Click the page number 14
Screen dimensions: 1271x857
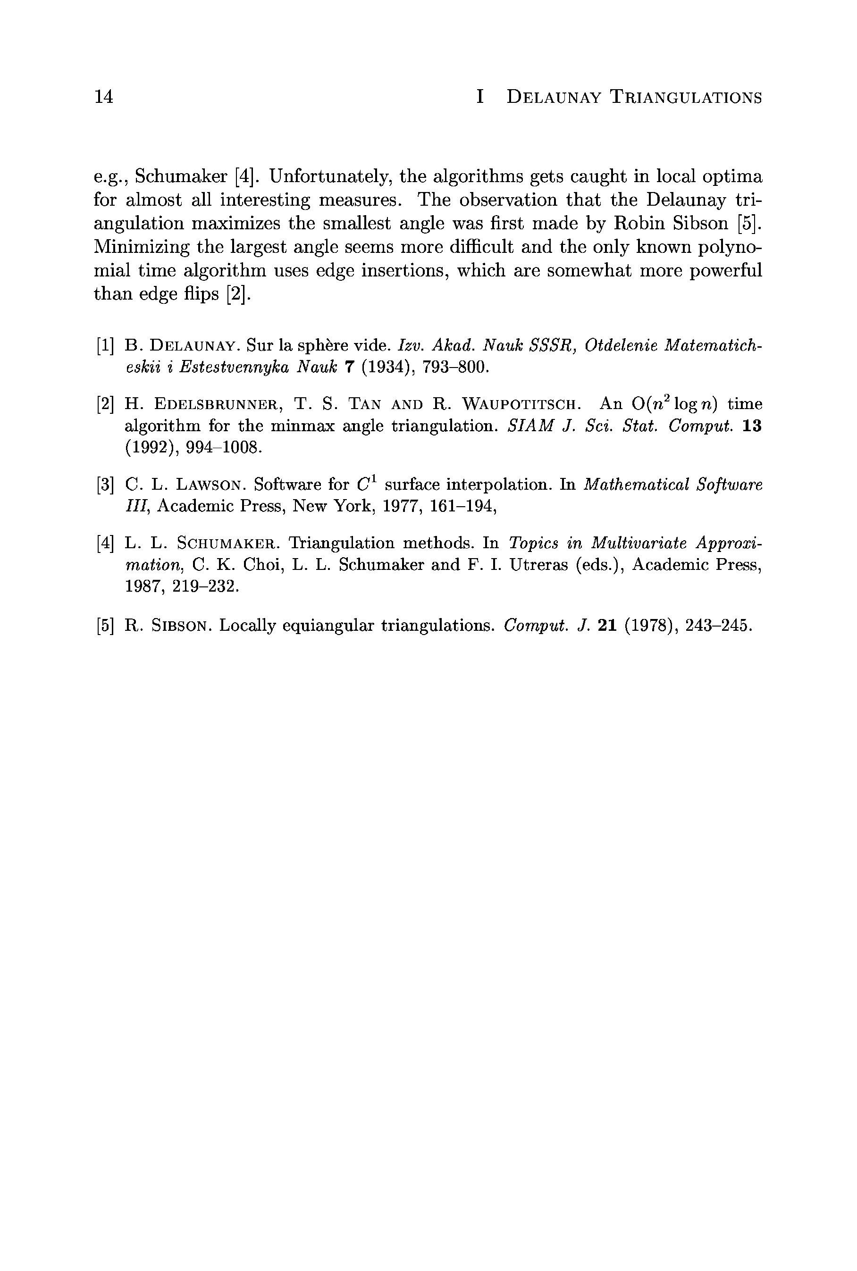[104, 97]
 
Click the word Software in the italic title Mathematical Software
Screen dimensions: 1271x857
[729, 485]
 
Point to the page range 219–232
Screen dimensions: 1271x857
[205, 586]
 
